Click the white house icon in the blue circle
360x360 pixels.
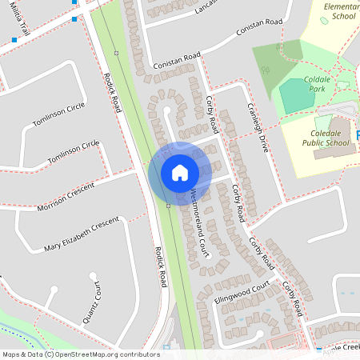[179, 172]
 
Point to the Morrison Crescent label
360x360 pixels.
[65, 196]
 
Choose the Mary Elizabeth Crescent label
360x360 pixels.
[81, 232]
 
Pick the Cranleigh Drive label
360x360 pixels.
[257, 127]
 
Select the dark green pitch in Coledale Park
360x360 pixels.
[298, 95]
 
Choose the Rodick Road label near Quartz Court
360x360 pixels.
[160, 266]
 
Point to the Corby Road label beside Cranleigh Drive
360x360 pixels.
[212, 114]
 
